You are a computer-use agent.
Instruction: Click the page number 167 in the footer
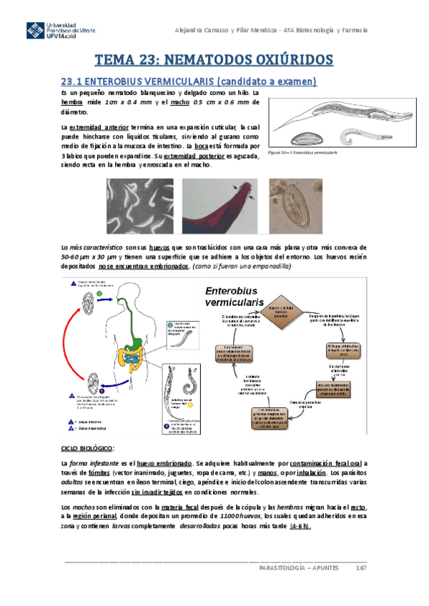(x=361, y=568)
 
